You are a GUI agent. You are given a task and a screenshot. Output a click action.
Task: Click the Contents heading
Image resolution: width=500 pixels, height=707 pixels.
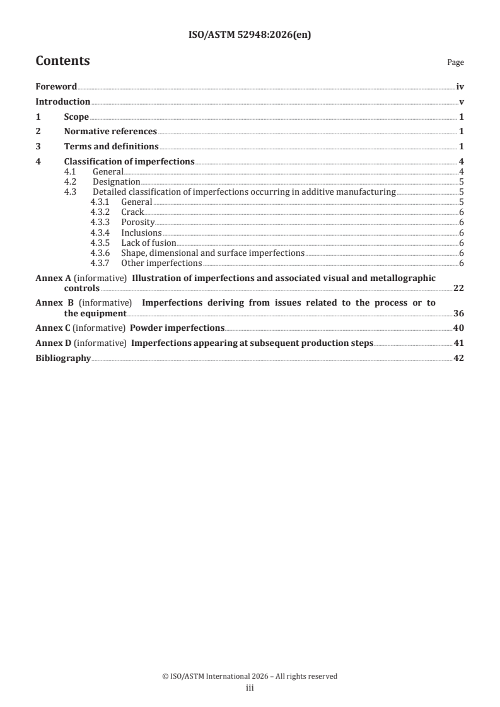pyautogui.click(x=62, y=61)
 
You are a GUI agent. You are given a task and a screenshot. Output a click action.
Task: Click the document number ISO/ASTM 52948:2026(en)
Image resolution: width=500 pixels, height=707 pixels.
pyautogui.click(x=250, y=35)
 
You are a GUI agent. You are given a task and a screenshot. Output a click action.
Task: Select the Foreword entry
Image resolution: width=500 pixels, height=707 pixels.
pyautogui.click(x=56, y=87)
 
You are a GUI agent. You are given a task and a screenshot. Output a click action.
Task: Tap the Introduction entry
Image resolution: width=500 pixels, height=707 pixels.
pyautogui.click(x=62, y=102)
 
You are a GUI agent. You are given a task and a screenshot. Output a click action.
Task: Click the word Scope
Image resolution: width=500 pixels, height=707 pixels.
pyautogui.click(x=76, y=117)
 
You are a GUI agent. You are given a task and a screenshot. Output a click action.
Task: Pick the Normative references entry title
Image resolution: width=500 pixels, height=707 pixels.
pyautogui.click(x=110, y=132)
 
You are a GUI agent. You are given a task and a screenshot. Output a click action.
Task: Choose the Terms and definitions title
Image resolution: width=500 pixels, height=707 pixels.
pyautogui.click(x=111, y=147)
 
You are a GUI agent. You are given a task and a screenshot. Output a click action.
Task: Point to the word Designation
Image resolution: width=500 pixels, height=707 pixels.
pyautogui.click(x=116, y=182)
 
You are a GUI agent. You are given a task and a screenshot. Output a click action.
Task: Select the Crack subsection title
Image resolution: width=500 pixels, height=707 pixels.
pyautogui.click(x=132, y=212)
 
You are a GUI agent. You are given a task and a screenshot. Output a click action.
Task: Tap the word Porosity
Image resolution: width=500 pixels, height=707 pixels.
pyautogui.click(x=137, y=222)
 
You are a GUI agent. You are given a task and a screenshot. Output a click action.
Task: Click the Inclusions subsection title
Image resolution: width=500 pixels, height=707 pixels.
pyautogui.click(x=141, y=233)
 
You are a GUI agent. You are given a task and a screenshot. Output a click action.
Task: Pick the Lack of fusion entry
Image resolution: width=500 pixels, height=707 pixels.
pyautogui.click(x=148, y=243)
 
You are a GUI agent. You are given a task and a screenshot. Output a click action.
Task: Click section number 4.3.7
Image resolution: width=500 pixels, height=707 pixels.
pyautogui.click(x=100, y=263)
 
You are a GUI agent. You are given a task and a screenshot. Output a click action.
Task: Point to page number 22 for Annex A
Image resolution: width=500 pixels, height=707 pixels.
pyautogui.click(x=458, y=288)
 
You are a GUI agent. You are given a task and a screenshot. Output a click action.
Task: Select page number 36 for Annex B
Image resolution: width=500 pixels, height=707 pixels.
pyautogui.click(x=458, y=313)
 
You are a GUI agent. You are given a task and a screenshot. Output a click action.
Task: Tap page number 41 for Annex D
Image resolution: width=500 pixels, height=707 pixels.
pyautogui.click(x=458, y=343)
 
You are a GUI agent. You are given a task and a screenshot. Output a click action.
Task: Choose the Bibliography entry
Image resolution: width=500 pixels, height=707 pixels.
pyautogui.click(x=63, y=359)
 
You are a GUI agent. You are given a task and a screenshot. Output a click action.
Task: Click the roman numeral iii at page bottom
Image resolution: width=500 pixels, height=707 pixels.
pyautogui.click(x=250, y=689)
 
